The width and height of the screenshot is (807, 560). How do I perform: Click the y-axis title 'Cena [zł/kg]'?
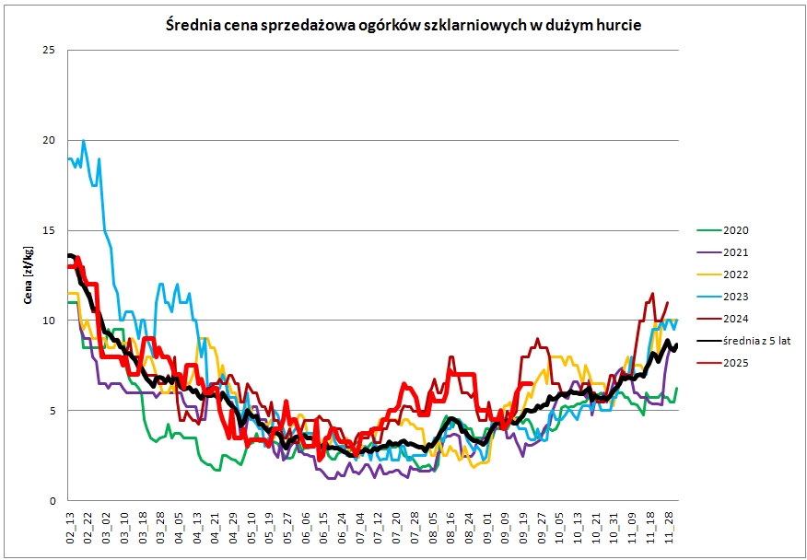(x=29, y=275)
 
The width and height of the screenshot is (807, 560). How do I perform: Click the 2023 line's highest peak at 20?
(x=84, y=141)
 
